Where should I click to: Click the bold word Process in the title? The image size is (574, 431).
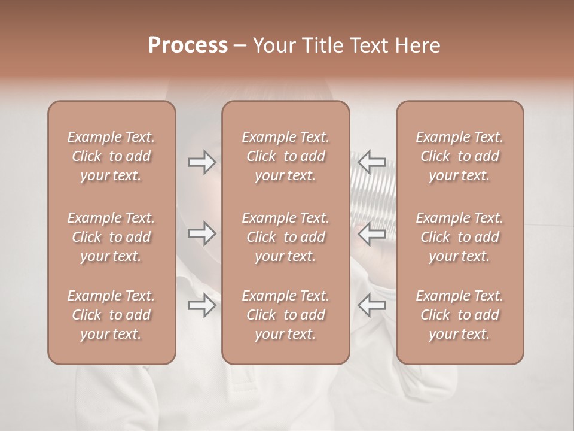pyautogui.click(x=188, y=45)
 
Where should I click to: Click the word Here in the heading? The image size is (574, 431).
pyautogui.click(x=416, y=45)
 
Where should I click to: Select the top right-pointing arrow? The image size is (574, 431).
pyautogui.click(x=201, y=162)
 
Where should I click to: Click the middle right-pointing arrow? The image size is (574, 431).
pyautogui.click(x=201, y=233)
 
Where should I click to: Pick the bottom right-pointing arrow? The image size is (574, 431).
pyautogui.click(x=201, y=306)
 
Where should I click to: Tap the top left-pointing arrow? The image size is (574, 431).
pyautogui.click(x=371, y=162)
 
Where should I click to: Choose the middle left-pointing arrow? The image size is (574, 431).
pyautogui.click(x=371, y=233)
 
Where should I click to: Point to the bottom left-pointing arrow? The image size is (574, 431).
pyautogui.click(x=371, y=306)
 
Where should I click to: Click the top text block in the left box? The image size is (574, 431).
pyautogui.click(x=111, y=156)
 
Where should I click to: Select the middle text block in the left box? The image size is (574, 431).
pyautogui.click(x=111, y=237)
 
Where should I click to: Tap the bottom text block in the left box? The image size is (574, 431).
pyautogui.click(x=111, y=315)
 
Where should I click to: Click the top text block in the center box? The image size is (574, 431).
pyautogui.click(x=286, y=156)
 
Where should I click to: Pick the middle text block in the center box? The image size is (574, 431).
pyautogui.click(x=286, y=237)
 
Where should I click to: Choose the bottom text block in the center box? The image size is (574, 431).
pyautogui.click(x=286, y=315)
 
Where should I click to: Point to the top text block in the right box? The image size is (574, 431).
pyautogui.click(x=460, y=156)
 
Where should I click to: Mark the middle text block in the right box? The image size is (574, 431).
pyautogui.click(x=460, y=237)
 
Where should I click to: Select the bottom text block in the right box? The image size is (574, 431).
pyautogui.click(x=460, y=315)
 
